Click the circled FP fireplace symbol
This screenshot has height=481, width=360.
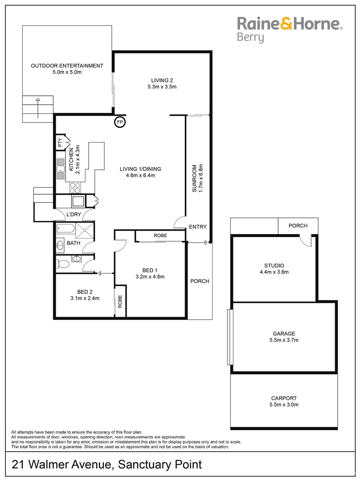tap(120, 122)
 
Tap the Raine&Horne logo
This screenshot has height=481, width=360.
tap(289, 24)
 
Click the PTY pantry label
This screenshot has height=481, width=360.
tap(60, 143)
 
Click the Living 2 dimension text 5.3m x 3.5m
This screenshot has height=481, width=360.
tap(162, 87)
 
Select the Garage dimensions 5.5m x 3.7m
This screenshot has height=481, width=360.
tap(284, 340)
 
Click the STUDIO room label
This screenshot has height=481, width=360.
tap(274, 265)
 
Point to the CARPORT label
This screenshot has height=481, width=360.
tap(284, 398)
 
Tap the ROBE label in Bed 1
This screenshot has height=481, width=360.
tap(160, 235)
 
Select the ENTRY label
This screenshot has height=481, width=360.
tap(198, 227)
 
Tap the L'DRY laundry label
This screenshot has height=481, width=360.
tap(73, 215)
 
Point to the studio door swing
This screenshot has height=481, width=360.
tap(305, 240)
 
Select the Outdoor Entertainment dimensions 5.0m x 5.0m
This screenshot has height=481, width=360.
tap(67, 72)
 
